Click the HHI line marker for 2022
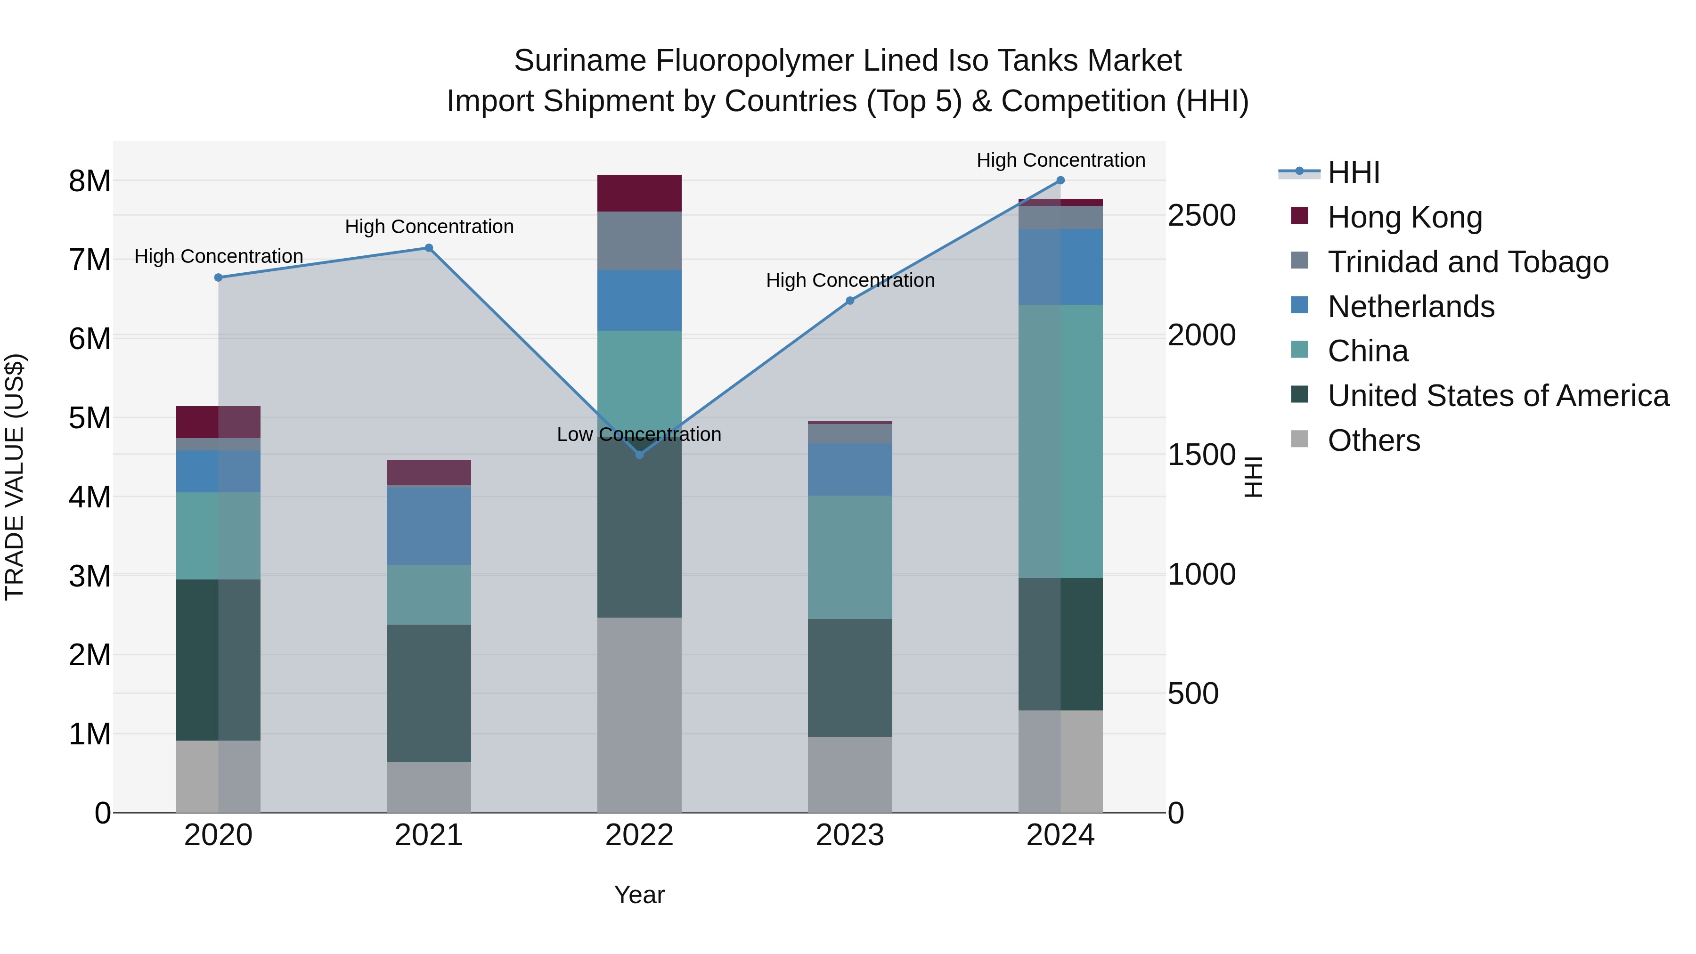tap(639, 454)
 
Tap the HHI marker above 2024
tap(1060, 180)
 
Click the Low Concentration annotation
tap(639, 434)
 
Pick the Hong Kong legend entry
tap(1404, 217)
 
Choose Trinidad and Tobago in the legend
tap(1468, 262)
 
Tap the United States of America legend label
tap(1498, 396)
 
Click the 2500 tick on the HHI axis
tap(1201, 216)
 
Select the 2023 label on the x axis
tap(849, 835)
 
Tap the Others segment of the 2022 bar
tap(639, 714)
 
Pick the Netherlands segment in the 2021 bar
tap(429, 525)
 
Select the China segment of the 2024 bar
tap(1060, 441)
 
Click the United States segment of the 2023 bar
tap(849, 677)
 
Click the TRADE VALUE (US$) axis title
tap(15, 477)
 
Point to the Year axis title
tap(639, 895)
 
